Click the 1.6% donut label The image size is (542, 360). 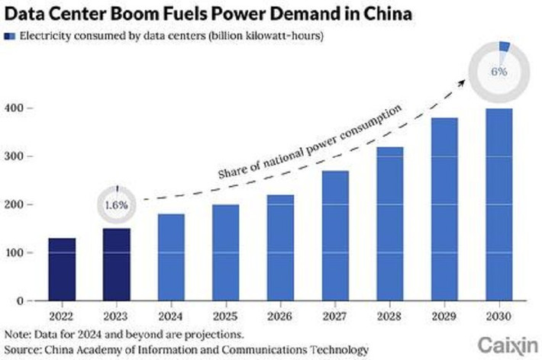pyautogui.click(x=116, y=205)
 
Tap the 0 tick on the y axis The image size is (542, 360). pyautogui.click(x=23, y=301)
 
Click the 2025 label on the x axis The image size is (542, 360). pyautogui.click(x=224, y=315)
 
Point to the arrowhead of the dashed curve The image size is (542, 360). pyautogui.click(x=466, y=79)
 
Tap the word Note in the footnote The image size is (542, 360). pyautogui.click(x=18, y=334)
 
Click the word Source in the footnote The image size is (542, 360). pyautogui.click(x=23, y=349)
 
